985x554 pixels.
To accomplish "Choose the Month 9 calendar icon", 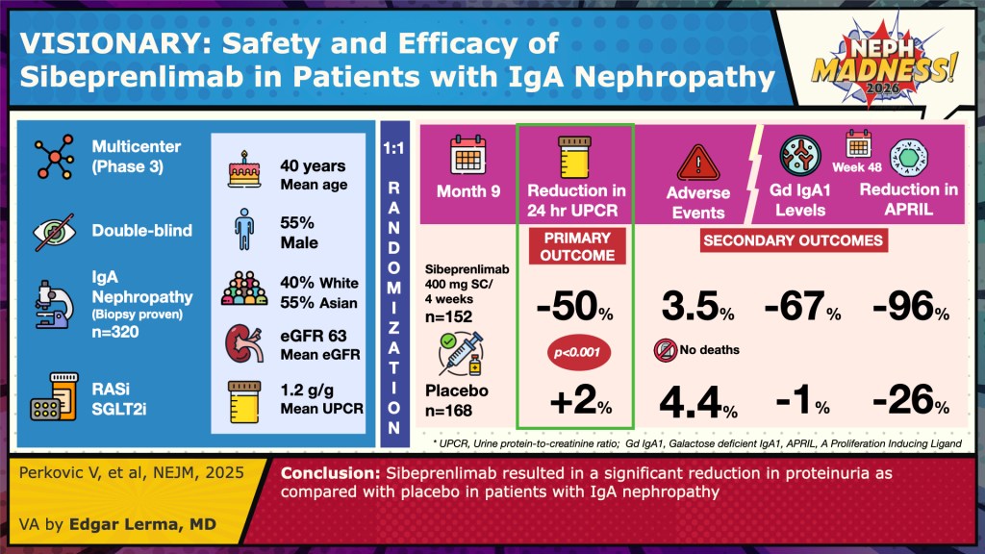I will click(467, 154).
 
